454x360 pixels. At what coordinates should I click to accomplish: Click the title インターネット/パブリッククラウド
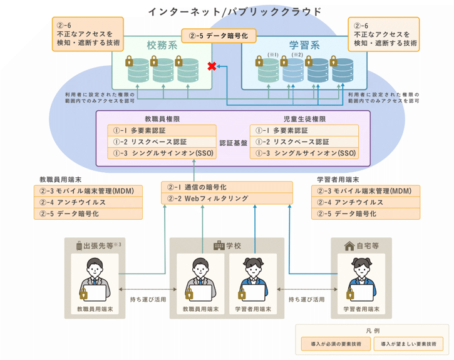coord(234,11)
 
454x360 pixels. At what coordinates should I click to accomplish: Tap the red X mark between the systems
coord(212,66)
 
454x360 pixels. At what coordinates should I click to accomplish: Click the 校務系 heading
coord(162,45)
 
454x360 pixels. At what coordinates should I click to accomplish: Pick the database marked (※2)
coord(294,69)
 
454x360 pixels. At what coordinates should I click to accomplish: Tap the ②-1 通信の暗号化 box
coord(227,187)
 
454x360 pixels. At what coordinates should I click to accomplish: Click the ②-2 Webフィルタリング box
coord(227,198)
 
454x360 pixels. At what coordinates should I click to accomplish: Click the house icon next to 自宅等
coord(349,246)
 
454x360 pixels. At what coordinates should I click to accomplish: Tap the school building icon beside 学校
coord(219,246)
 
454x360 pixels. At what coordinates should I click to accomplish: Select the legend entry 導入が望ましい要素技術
coord(408,344)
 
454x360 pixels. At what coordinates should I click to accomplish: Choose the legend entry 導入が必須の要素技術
coord(335,344)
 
